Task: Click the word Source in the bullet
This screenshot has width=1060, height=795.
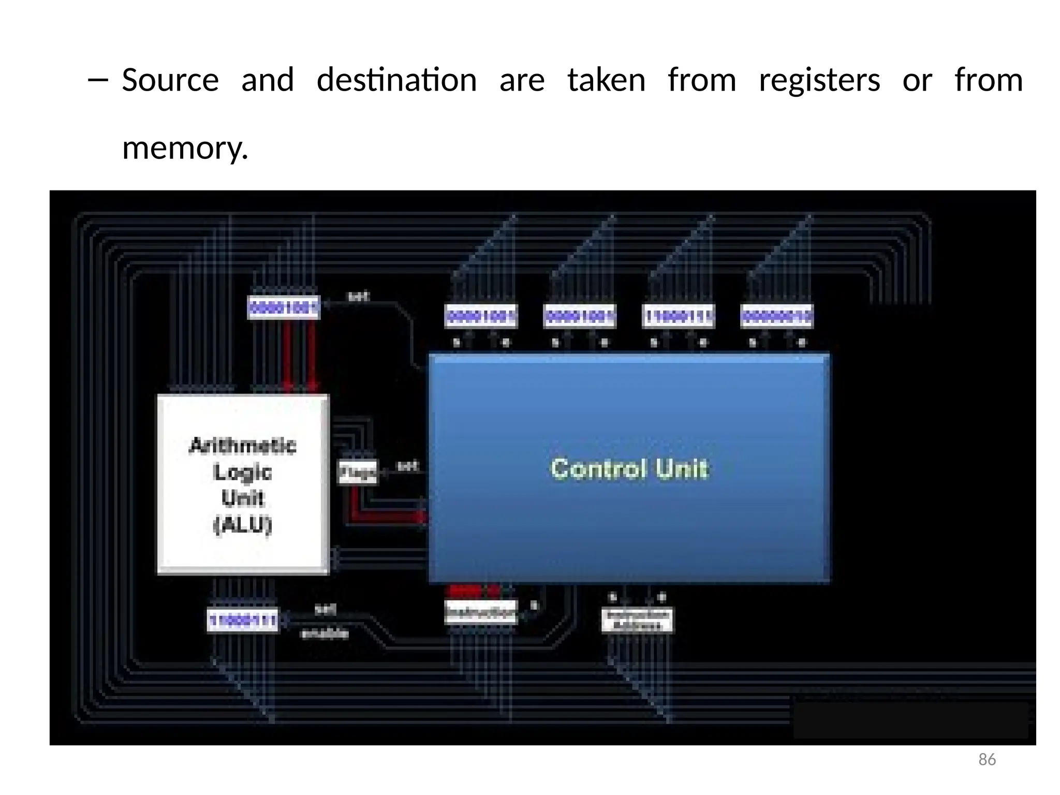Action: [170, 80]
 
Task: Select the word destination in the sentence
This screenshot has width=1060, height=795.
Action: [396, 80]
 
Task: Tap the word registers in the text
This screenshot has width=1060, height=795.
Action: [819, 80]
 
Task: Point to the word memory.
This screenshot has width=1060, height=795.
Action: [185, 148]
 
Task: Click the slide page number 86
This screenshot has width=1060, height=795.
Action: [987, 759]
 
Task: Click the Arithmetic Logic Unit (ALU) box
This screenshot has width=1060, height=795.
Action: [243, 484]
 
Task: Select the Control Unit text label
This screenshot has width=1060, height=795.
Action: [629, 468]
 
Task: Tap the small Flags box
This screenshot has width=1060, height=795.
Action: [357, 472]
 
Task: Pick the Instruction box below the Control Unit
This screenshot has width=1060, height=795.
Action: [481, 612]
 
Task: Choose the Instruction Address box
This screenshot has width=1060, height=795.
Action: [637, 620]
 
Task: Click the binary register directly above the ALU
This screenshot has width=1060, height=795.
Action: [283, 308]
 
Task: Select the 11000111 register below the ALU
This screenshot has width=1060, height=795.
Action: [242, 620]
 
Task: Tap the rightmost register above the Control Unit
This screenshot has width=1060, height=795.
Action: [776, 316]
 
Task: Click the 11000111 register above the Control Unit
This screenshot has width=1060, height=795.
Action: [678, 316]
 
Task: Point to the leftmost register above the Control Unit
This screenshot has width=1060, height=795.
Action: [481, 316]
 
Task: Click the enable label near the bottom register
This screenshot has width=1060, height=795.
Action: [325, 634]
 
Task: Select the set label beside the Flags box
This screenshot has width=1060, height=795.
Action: [407, 466]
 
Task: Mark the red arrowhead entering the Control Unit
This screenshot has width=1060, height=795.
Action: [423, 517]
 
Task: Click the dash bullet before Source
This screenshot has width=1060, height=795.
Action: [98, 80]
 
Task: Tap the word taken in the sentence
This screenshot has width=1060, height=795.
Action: [606, 80]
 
